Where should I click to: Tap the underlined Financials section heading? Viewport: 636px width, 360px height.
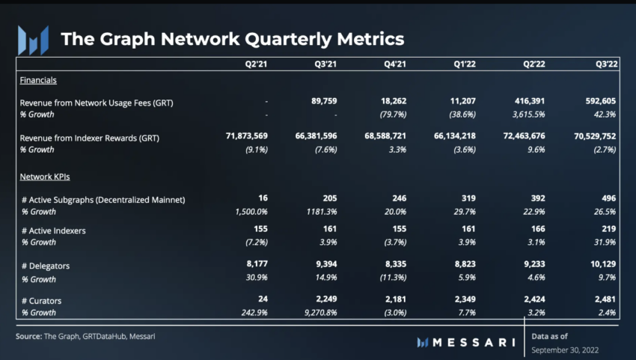40,80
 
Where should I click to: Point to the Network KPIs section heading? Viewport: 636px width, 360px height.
45,178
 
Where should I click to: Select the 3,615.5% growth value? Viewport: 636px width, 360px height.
517,115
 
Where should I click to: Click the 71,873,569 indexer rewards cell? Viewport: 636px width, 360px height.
236,138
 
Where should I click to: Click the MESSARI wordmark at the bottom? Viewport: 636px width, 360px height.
466,342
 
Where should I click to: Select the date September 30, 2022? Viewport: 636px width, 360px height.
566,350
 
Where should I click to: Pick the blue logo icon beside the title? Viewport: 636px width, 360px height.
34,39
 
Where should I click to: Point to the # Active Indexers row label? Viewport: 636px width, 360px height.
54,231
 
